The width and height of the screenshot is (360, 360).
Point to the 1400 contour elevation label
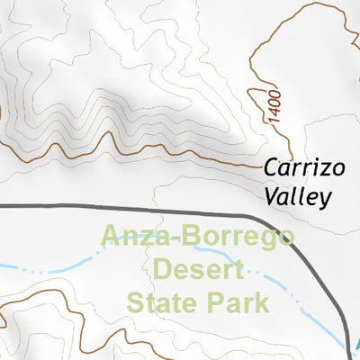(274, 107)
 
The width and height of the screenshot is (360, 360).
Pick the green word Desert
(198, 269)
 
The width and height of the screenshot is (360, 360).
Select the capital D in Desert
(163, 269)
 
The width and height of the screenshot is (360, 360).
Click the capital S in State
(137, 301)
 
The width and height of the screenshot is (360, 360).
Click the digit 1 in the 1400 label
(274, 120)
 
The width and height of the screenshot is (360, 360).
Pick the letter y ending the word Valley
(328, 199)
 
